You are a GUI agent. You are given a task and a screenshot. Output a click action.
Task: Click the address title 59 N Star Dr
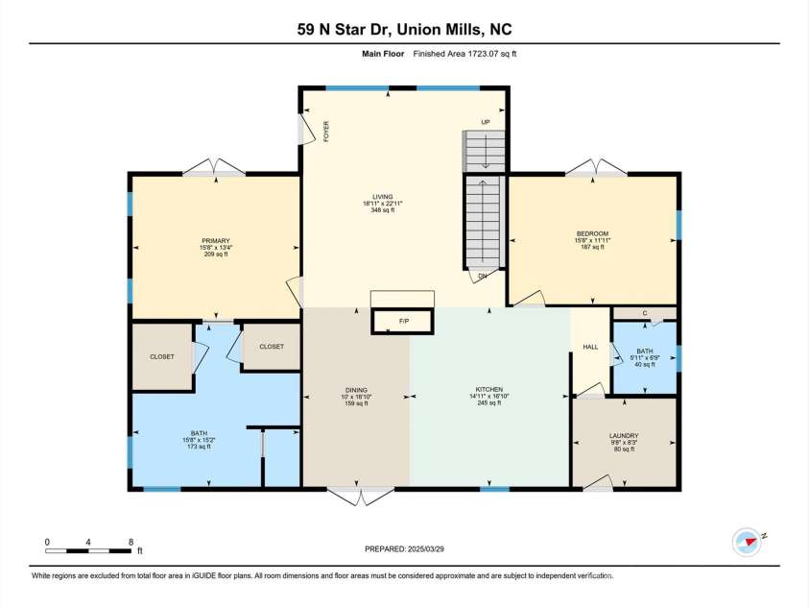point(404,29)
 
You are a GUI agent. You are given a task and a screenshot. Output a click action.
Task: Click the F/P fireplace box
point(403,321)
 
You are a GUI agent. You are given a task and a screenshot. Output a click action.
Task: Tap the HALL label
point(591,347)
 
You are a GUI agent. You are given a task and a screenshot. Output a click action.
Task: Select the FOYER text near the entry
point(326,131)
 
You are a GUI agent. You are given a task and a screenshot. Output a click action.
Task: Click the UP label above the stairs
point(486,122)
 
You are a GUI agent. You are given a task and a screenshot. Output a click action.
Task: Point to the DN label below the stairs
point(482,277)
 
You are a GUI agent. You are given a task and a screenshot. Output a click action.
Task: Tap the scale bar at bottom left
point(89,549)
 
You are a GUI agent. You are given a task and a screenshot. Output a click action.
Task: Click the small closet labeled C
point(645,313)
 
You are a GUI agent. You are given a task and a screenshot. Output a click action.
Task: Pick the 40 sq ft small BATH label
point(645,357)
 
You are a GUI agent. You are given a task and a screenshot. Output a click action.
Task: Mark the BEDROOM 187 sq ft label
point(592,240)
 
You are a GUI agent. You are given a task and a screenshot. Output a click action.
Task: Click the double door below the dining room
point(360,496)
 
